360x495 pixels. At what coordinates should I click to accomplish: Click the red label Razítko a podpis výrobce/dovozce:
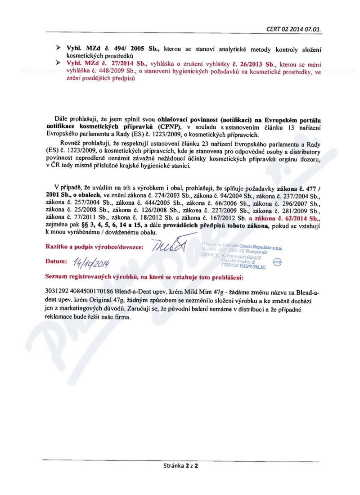[x=94, y=247]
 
